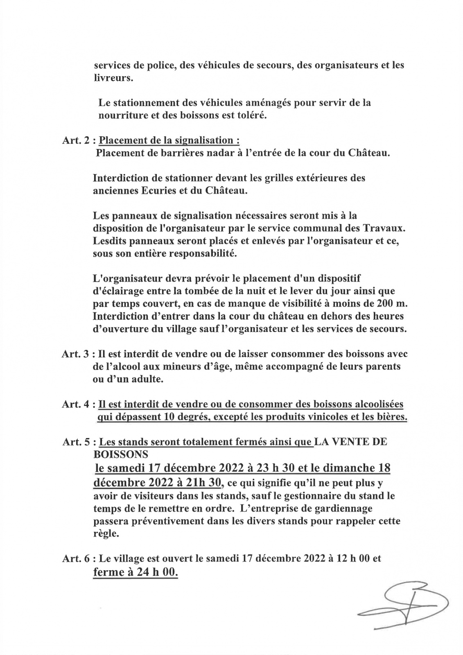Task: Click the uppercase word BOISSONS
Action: click(121, 454)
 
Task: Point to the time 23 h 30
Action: click(262, 468)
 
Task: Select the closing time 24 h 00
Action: click(151, 572)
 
